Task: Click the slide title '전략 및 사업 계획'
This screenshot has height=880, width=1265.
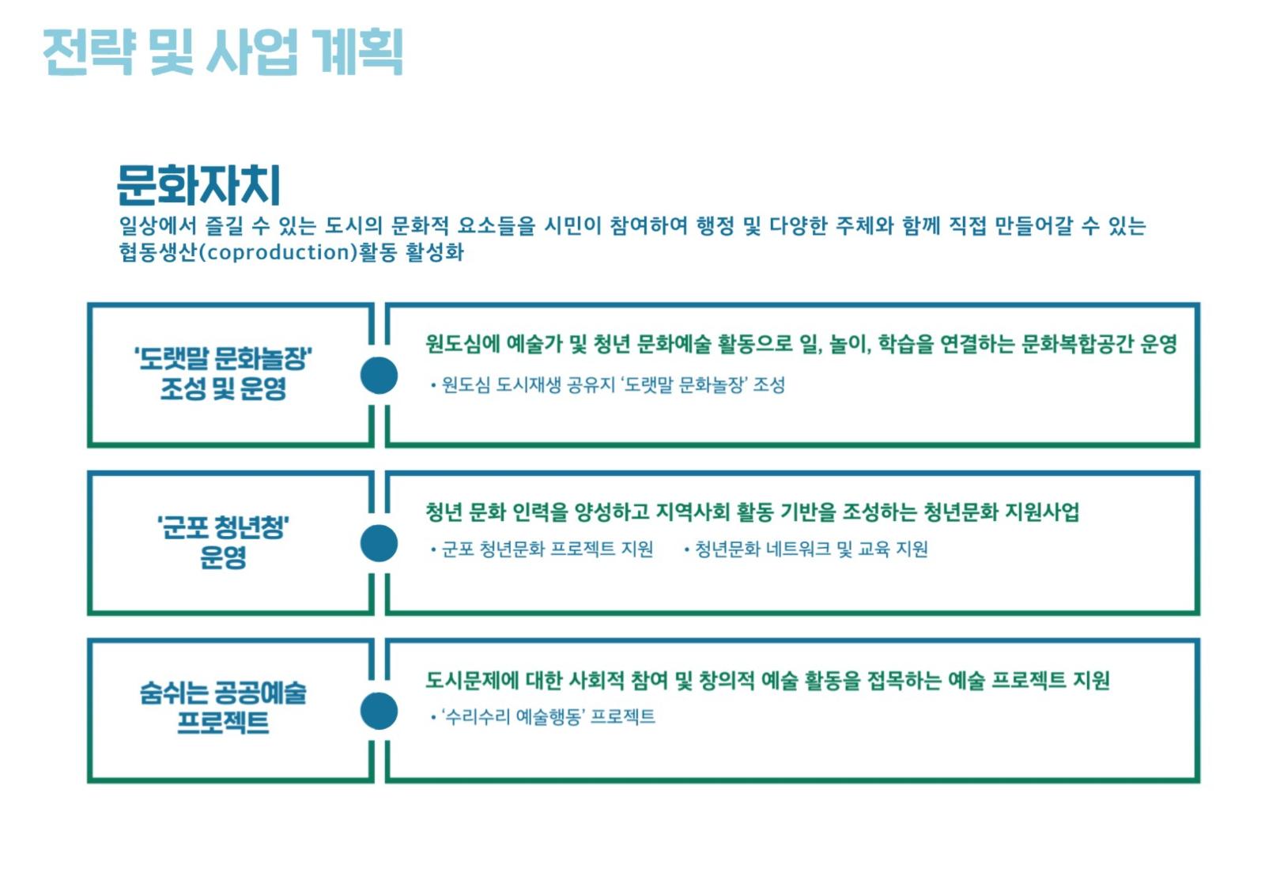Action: click(x=223, y=51)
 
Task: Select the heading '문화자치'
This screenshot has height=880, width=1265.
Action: click(x=198, y=185)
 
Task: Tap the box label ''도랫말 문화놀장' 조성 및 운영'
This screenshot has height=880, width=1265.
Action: click(x=224, y=373)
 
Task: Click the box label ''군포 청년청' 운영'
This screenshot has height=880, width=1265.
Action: click(x=224, y=542)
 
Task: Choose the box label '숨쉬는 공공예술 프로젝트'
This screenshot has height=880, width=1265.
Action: click(x=224, y=708)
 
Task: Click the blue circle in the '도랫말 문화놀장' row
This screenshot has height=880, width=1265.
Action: click(x=379, y=376)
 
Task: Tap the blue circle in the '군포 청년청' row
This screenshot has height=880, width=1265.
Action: click(x=379, y=543)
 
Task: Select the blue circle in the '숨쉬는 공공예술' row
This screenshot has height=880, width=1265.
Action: click(x=379, y=711)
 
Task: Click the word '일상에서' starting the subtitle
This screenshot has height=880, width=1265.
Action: click(x=157, y=226)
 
